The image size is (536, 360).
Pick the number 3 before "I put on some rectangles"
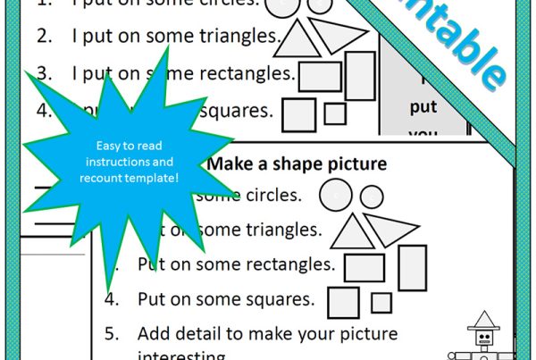tap(44, 72)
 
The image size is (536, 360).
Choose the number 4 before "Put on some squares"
tap(111, 298)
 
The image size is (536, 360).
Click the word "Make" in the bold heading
tap(228, 164)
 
